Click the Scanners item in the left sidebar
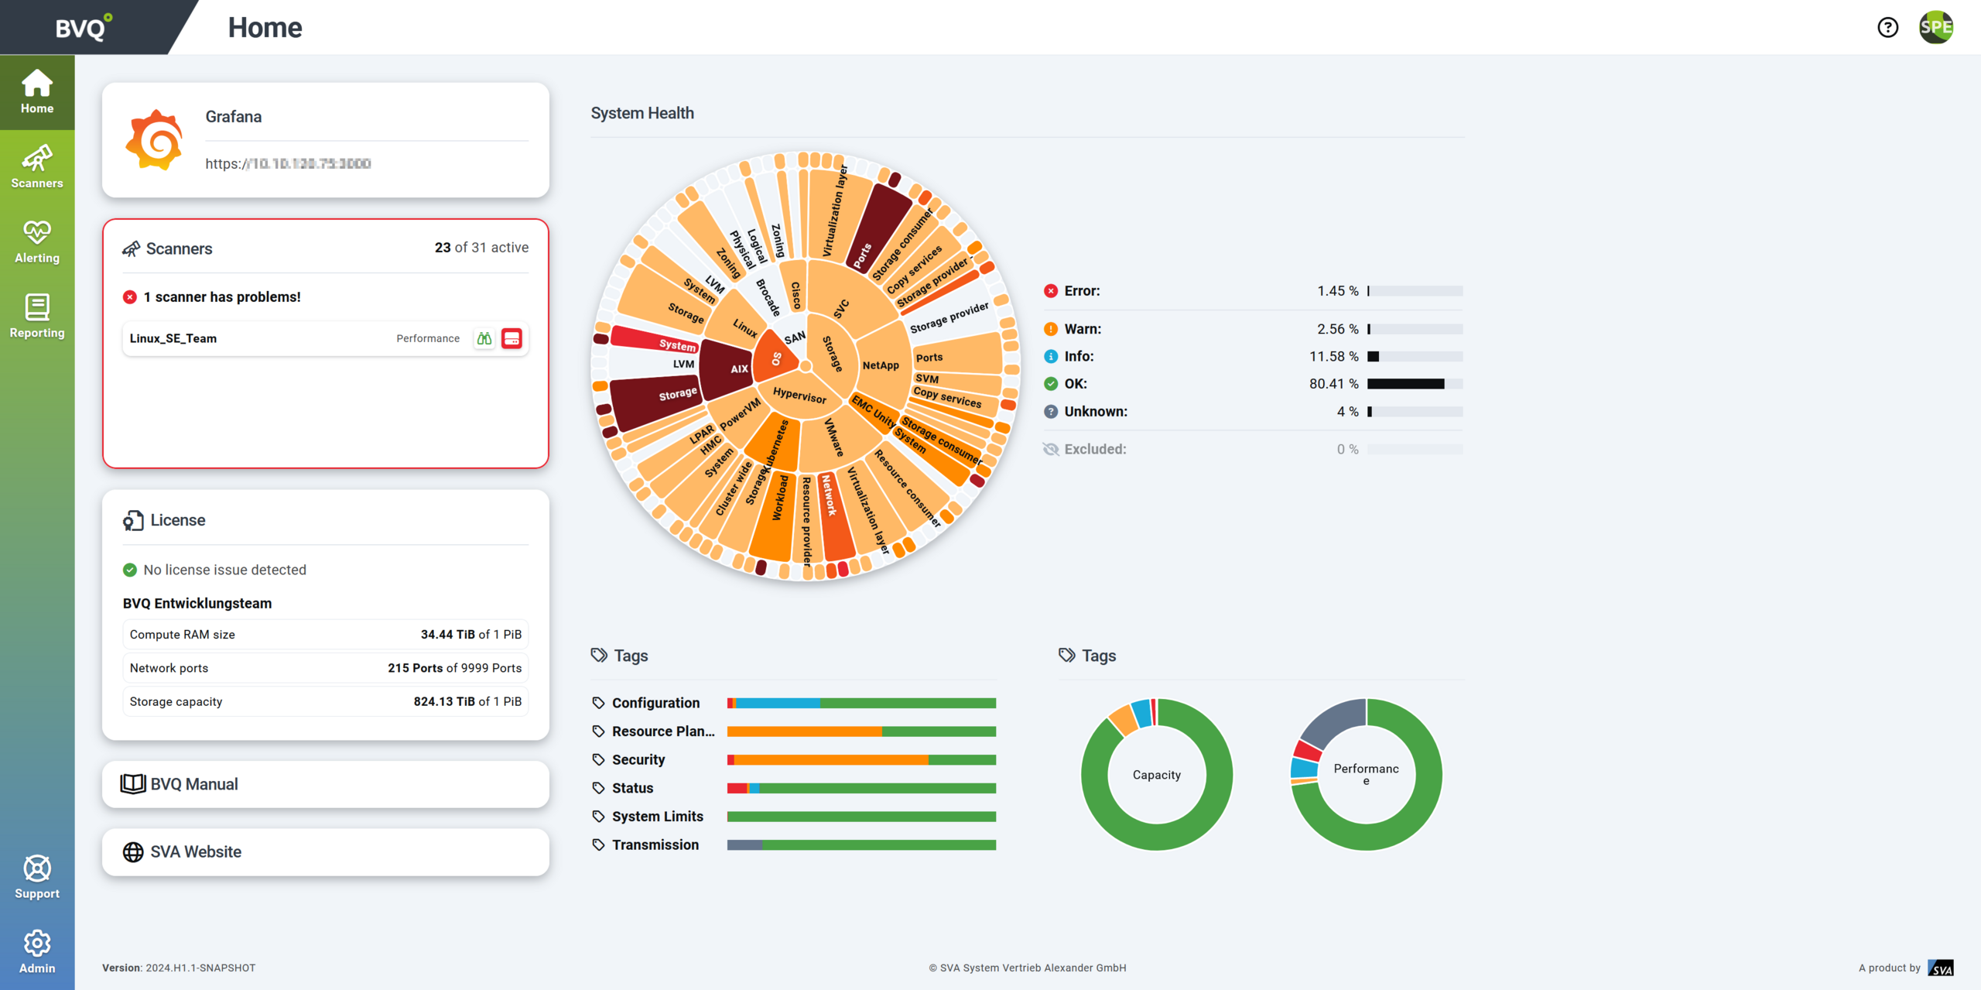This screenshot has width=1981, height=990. [37, 166]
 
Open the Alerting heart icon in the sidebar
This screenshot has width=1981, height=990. [37, 232]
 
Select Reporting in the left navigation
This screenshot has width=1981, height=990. [37, 316]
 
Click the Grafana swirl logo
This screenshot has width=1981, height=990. [155, 139]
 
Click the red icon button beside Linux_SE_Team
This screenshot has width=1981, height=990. [512, 338]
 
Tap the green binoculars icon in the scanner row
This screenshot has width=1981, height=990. [484, 338]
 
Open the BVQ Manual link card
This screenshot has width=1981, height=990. [325, 784]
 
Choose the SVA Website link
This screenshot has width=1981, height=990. [325, 851]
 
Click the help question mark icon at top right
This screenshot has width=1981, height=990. [1887, 28]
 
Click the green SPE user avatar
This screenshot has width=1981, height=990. [1935, 28]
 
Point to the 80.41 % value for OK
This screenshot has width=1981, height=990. [1333, 384]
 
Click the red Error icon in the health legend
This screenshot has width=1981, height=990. [1050, 291]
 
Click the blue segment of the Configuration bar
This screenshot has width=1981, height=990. [777, 703]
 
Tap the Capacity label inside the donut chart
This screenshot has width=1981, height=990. [1156, 775]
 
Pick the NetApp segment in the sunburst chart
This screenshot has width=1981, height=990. [881, 365]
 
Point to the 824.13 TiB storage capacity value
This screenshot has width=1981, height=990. [444, 701]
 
